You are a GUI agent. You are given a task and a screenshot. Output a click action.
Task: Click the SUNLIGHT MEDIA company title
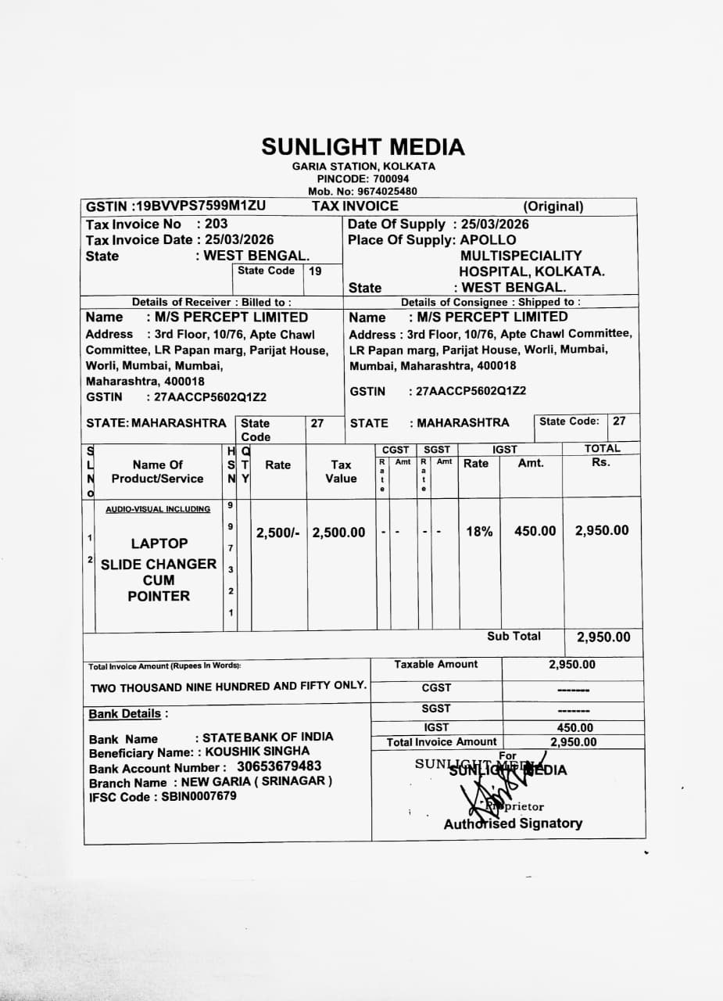coord(363,147)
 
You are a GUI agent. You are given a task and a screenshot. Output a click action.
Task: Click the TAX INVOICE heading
coord(355,206)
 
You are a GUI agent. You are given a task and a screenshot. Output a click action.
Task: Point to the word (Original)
coord(553,207)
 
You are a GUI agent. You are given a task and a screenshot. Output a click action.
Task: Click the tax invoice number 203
coord(216,224)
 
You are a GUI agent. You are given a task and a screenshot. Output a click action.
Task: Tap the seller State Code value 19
coord(315,271)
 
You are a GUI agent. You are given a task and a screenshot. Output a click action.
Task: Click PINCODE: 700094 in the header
coord(363,179)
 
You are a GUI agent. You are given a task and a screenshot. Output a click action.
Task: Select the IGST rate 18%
coord(479,532)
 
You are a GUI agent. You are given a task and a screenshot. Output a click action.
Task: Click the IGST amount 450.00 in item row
coord(535,532)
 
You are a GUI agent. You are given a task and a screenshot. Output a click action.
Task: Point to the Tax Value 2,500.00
coord(338,533)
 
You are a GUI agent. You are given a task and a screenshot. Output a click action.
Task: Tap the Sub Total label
coord(514,637)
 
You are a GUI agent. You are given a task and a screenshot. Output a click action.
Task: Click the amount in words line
coord(228,687)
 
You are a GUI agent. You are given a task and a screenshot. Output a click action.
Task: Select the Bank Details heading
coord(127,714)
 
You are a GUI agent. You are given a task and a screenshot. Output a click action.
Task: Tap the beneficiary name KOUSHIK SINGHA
coord(257,752)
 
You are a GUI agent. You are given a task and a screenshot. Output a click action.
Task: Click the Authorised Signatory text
coord(513,823)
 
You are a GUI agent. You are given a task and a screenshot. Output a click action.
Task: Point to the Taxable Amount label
coord(435,665)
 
